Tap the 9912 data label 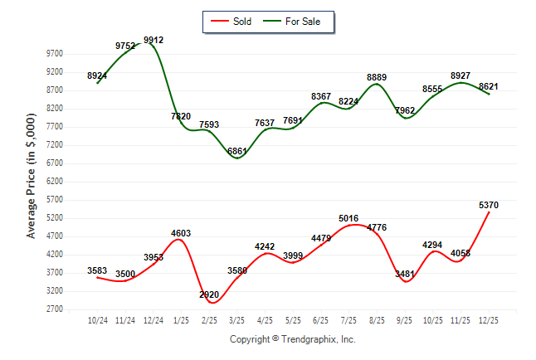153,39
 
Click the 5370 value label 488,205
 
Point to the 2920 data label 209,294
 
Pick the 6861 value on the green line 237,152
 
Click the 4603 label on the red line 181,233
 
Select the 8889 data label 378,77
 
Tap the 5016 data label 349,218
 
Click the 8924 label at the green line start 98,75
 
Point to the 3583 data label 98,270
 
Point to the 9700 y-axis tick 54,53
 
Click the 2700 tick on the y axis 54,309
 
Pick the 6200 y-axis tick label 54,182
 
